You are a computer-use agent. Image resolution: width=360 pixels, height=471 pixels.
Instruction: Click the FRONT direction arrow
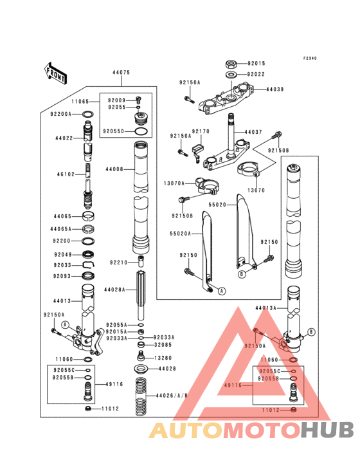56,73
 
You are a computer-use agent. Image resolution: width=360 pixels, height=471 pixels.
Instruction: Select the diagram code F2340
310,58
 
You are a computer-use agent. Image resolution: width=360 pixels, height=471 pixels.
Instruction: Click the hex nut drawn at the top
230,64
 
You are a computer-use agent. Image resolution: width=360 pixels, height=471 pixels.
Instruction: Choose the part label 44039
275,90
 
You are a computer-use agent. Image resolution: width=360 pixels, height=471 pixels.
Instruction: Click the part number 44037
253,133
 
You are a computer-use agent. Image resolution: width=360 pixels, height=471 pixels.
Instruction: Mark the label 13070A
174,183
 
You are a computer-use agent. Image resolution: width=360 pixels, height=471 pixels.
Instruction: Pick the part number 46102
66,174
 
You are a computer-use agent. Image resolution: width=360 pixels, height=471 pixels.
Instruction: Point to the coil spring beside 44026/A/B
139,396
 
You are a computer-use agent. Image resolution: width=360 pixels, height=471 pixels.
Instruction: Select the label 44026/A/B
173,395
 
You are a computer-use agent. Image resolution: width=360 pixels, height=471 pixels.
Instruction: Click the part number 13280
163,357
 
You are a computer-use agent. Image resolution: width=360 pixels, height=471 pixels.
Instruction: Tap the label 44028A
116,290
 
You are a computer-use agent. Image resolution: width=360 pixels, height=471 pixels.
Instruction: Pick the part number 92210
119,263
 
